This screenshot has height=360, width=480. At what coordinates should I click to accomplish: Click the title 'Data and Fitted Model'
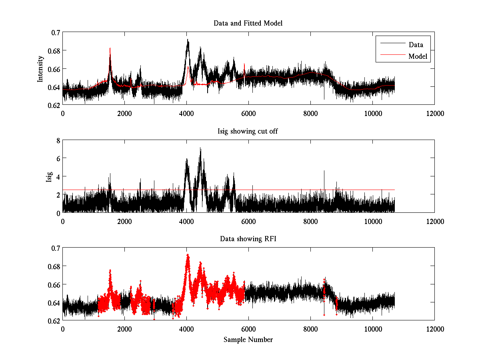click(x=248, y=23)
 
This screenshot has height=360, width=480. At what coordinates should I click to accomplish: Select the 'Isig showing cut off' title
click(x=248, y=131)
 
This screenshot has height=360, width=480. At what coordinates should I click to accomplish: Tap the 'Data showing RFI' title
click(x=248, y=239)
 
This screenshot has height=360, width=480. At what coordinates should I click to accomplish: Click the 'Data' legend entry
click(x=416, y=45)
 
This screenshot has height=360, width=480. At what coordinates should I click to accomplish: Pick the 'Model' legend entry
click(x=418, y=56)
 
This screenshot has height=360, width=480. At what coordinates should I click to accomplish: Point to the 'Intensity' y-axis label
click(x=40, y=68)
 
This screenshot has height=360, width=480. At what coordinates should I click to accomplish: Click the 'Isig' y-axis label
click(x=49, y=176)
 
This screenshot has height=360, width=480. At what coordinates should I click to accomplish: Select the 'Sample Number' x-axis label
click(x=248, y=340)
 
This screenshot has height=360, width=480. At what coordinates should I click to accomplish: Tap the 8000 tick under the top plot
click(x=310, y=113)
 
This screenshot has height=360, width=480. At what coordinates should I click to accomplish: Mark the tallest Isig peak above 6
click(x=200, y=148)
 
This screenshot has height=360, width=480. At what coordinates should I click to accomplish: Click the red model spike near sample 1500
click(x=110, y=48)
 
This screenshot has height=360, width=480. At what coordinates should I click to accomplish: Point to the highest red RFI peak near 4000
click(x=187, y=254)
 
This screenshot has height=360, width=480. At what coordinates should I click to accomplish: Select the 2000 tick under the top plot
click(x=124, y=113)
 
